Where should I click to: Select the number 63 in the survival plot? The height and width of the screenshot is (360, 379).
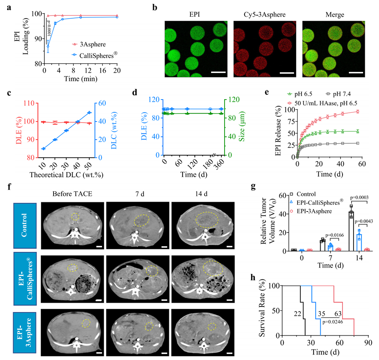pos(339,314)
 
